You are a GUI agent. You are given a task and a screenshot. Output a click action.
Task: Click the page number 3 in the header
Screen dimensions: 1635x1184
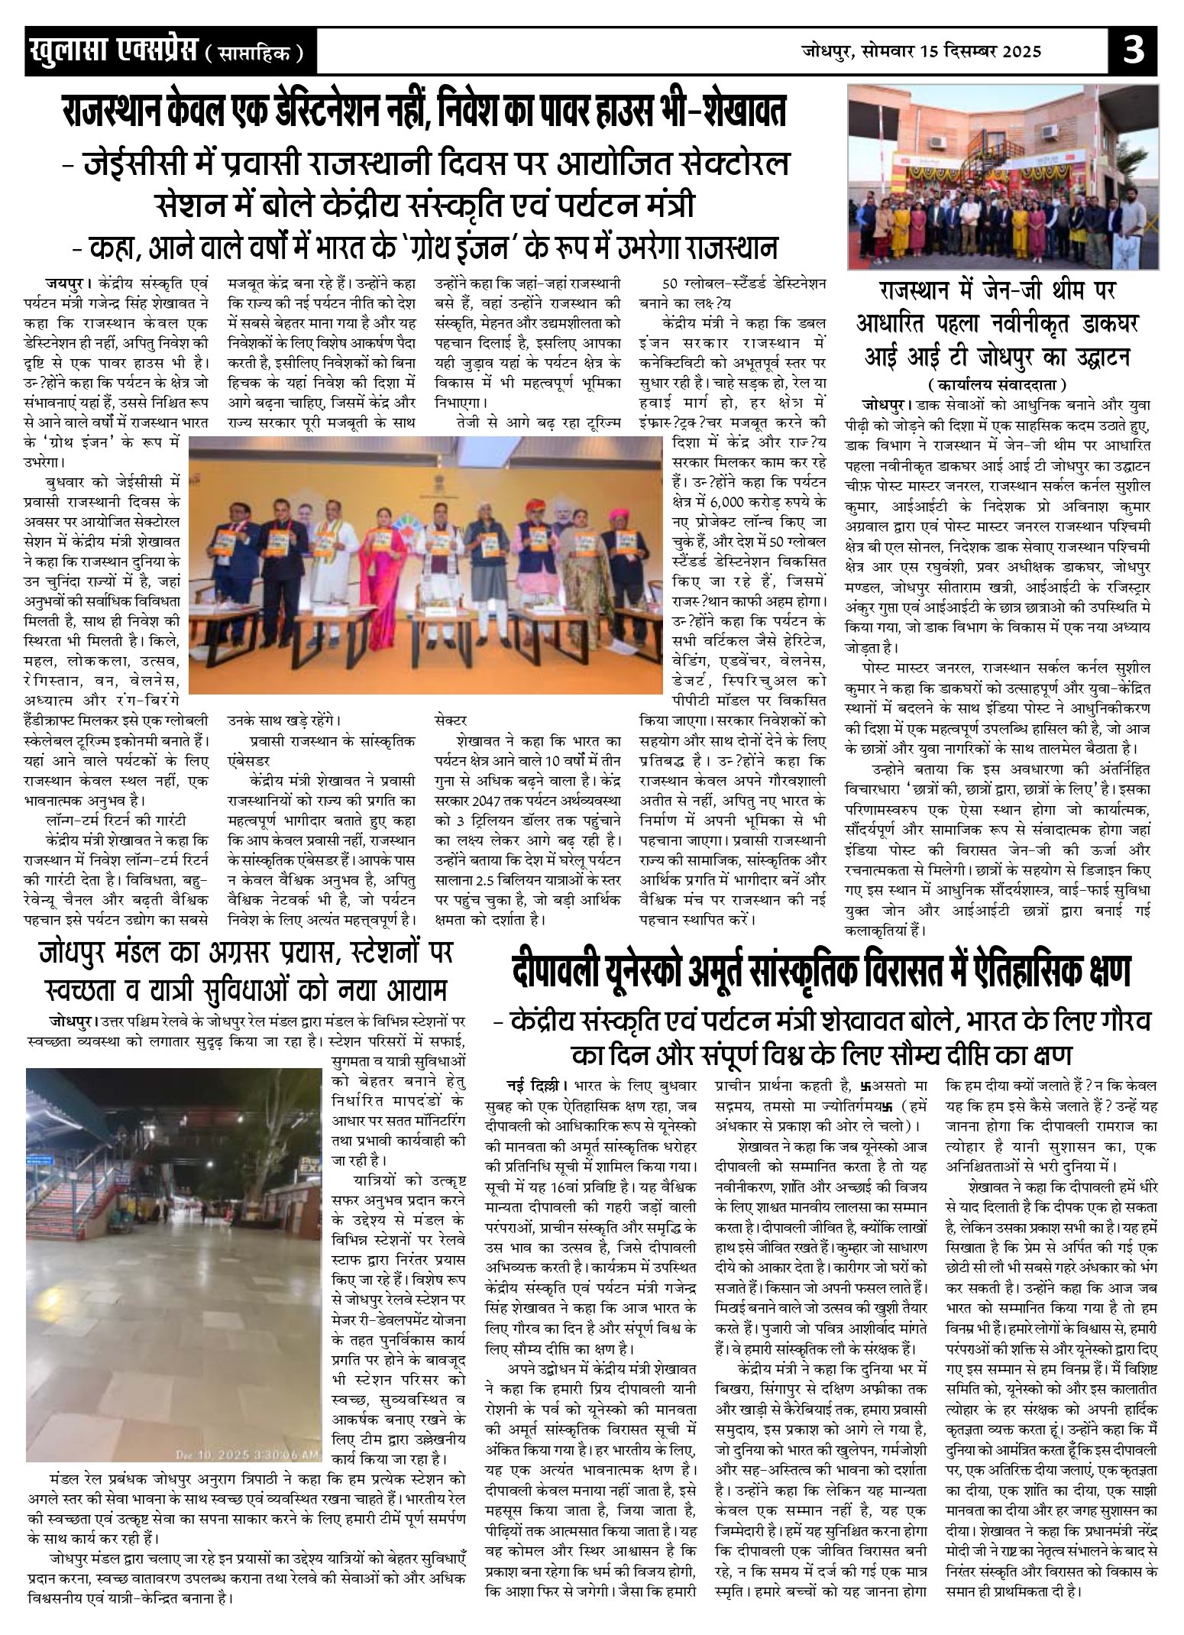pyautogui.click(x=1134, y=52)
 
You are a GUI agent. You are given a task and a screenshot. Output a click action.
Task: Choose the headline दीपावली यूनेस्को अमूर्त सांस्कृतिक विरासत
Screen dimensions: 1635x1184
pyautogui.click(x=820, y=973)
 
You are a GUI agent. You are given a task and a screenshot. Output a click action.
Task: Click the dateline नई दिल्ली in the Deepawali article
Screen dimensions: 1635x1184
pyautogui.click(x=533, y=1085)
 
